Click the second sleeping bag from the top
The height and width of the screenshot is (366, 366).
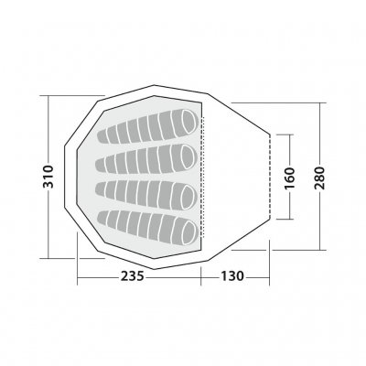click(x=148, y=159)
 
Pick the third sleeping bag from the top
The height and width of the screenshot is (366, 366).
click(x=148, y=191)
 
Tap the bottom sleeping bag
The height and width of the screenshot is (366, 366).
click(x=148, y=225)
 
